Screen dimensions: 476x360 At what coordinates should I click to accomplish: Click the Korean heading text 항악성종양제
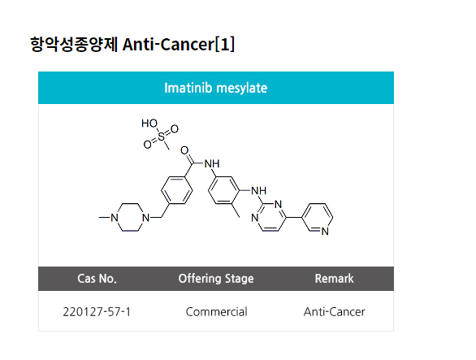pyautogui.click(x=74, y=45)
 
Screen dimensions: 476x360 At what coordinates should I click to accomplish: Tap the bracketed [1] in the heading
pyautogui.click(x=225, y=45)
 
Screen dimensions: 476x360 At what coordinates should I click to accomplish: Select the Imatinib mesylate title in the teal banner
pyautogui.click(x=216, y=88)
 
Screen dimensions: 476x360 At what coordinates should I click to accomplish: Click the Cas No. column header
pyautogui.click(x=97, y=278)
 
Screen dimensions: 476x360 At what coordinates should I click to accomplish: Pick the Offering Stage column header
pyautogui.click(x=216, y=278)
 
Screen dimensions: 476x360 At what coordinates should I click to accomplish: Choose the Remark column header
pyautogui.click(x=334, y=278)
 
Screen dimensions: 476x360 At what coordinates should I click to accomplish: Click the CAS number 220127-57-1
pyautogui.click(x=97, y=312)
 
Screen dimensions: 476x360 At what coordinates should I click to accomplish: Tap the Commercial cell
pyautogui.click(x=216, y=312)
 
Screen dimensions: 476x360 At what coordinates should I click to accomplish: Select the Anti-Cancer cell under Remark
pyautogui.click(x=334, y=312)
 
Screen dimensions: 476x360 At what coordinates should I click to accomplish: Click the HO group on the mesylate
pyautogui.click(x=149, y=124)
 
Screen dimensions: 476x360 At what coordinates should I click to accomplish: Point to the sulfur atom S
pyautogui.click(x=161, y=137)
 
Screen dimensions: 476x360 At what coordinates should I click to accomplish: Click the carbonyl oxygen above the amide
pyautogui.click(x=184, y=150)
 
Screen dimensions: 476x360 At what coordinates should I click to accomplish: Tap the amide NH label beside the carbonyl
pyautogui.click(x=212, y=163)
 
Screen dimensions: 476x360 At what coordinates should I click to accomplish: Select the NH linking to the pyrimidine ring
pyautogui.click(x=258, y=191)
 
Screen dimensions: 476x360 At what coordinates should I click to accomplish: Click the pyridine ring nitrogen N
pyautogui.click(x=325, y=231)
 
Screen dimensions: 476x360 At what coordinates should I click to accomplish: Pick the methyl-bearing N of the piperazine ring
pyautogui.click(x=115, y=218)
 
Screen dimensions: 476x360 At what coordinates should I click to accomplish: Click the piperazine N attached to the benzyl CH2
pyautogui.click(x=145, y=218)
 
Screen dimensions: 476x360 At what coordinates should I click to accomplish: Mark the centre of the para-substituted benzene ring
pyautogui.click(x=177, y=190)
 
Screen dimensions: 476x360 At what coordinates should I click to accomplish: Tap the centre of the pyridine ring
pyautogui.click(x=318, y=218)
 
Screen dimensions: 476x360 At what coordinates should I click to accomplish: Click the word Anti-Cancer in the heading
pyautogui.click(x=168, y=45)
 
